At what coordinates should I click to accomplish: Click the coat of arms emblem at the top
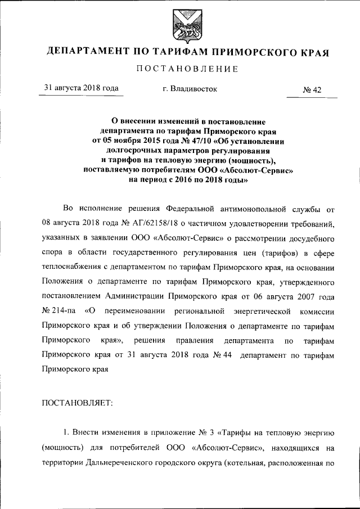(180, 23)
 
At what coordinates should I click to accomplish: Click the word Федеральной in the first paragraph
(193, 209)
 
